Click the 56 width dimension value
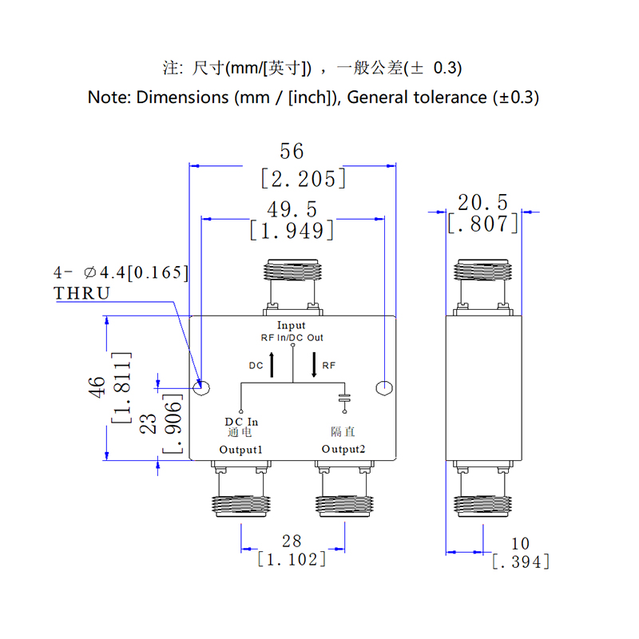[x=292, y=151]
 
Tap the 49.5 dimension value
[x=292, y=209]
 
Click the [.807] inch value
[x=482, y=224]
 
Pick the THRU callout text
[x=81, y=293]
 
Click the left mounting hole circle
[x=203, y=388]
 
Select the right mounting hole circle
[x=384, y=388]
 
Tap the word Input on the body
[x=291, y=325]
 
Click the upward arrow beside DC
[x=273, y=364]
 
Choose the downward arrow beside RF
[x=313, y=364]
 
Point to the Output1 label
[x=241, y=450]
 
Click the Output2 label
[x=343, y=450]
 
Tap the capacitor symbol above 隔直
[x=344, y=397]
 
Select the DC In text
[x=241, y=422]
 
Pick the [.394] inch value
[x=521, y=562]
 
